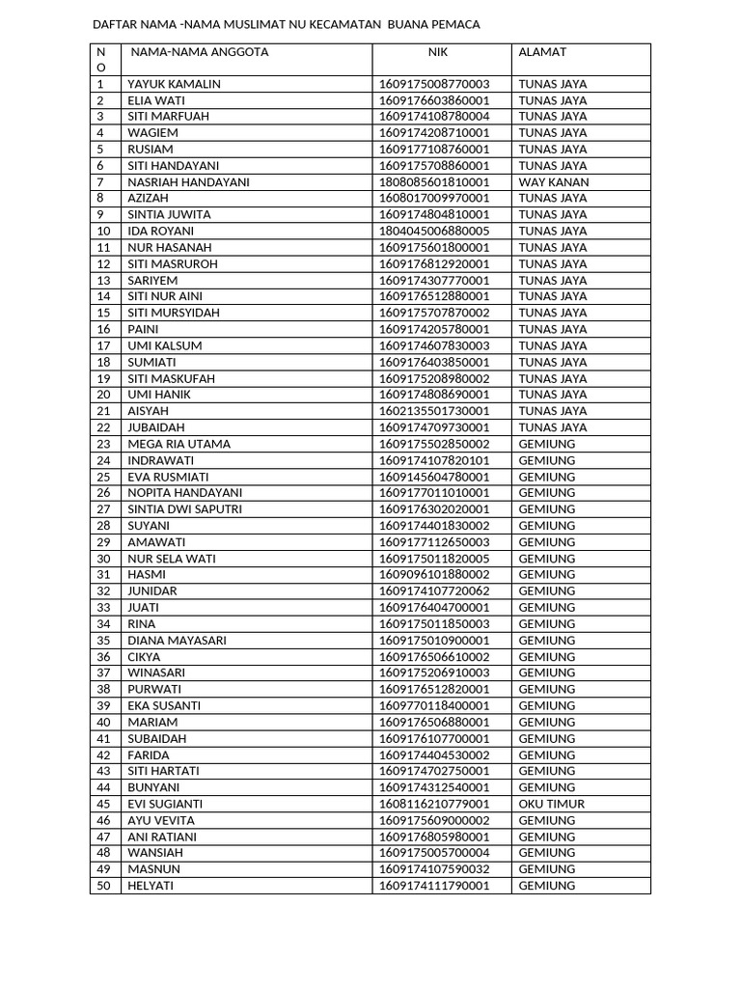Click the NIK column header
tap(439, 52)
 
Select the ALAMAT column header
tap(542, 52)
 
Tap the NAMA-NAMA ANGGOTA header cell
tap(200, 52)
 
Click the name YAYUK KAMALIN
tap(174, 84)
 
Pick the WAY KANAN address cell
tap(553, 182)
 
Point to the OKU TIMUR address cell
tap(551, 804)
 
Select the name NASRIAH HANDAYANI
tap(188, 182)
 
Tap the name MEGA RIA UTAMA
tap(178, 444)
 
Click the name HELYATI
tap(151, 886)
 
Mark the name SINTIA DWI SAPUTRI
tap(184, 509)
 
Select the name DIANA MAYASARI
tap(178, 641)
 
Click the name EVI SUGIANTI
tap(165, 804)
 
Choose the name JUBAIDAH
tap(156, 427)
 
